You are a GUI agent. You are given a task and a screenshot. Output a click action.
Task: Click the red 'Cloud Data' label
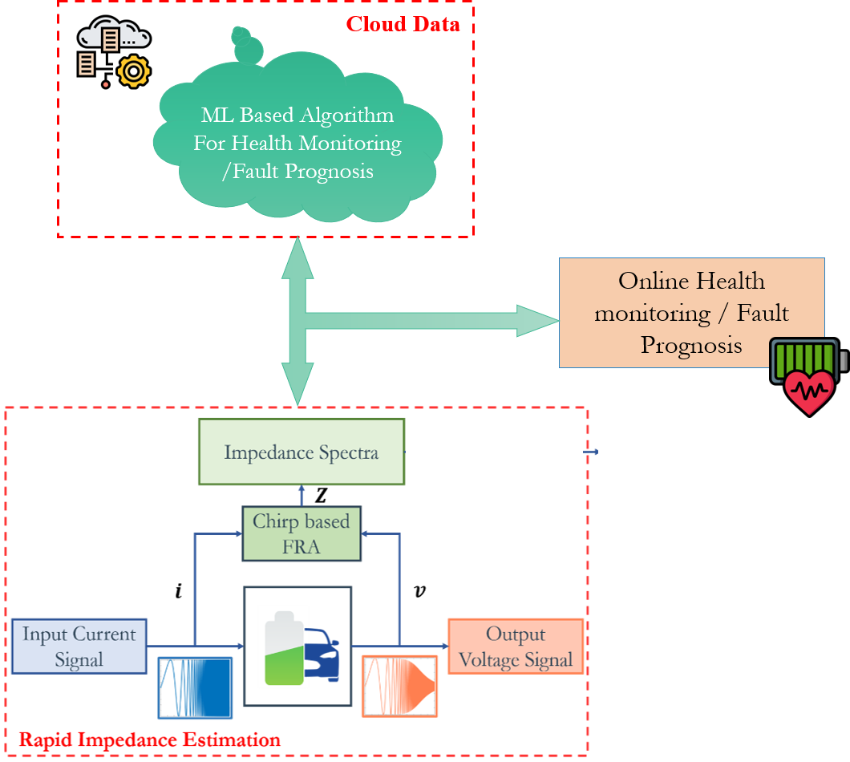pyautogui.click(x=403, y=24)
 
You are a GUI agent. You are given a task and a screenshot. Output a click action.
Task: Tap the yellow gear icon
pyautogui.click(x=133, y=72)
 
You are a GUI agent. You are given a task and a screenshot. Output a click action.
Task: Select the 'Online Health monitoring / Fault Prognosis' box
pyautogui.click(x=691, y=313)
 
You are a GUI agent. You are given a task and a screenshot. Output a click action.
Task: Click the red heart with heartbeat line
pyautogui.click(x=809, y=391)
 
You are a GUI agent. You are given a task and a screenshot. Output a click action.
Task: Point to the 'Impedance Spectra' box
pyautogui.click(x=302, y=452)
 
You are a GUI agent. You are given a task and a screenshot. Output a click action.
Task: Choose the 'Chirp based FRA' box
pyautogui.click(x=302, y=533)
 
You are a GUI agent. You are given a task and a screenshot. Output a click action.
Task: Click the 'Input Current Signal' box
pyautogui.click(x=79, y=646)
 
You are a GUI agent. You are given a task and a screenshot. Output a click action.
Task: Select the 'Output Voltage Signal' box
pyautogui.click(x=515, y=646)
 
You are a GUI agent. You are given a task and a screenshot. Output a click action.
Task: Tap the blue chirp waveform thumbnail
pyautogui.click(x=195, y=687)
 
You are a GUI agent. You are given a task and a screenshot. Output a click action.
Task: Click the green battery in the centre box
pyautogui.click(x=282, y=646)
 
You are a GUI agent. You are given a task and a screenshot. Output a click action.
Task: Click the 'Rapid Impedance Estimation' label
pyautogui.click(x=150, y=740)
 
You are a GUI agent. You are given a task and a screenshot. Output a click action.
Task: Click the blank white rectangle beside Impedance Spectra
pyautogui.click(x=494, y=456)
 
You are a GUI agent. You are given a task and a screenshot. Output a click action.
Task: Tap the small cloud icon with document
pyautogui.click(x=115, y=37)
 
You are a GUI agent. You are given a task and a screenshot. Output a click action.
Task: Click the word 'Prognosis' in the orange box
pyautogui.click(x=691, y=345)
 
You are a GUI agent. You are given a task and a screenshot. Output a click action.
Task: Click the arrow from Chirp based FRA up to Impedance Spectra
pyautogui.click(x=302, y=496)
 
